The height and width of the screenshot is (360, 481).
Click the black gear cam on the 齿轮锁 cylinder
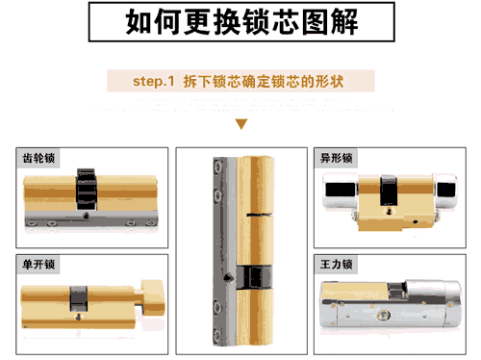(x=87, y=191)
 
